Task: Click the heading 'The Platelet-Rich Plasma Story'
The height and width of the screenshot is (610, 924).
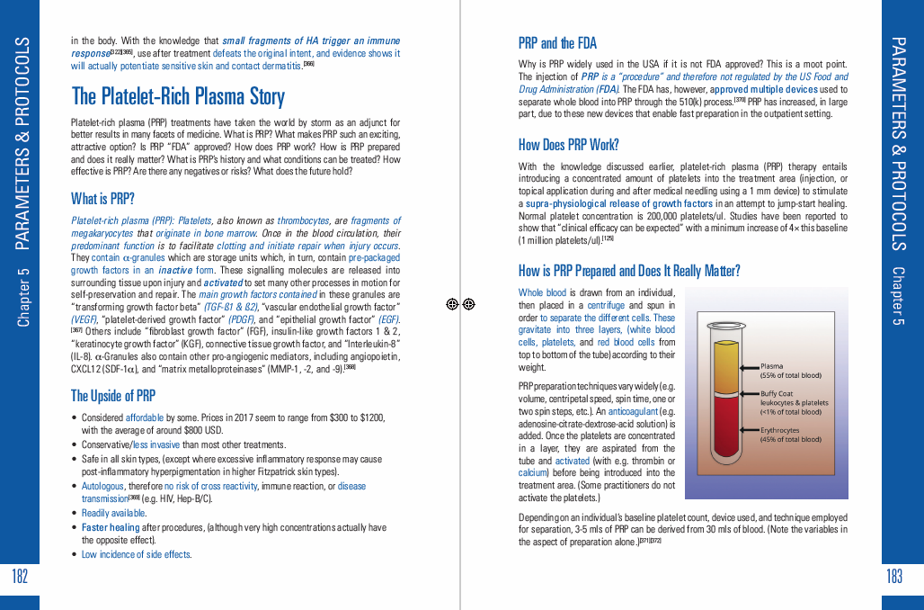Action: [x=178, y=96]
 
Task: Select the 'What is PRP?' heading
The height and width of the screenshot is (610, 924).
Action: [x=102, y=198]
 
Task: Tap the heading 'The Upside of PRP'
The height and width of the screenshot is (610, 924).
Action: [x=113, y=395]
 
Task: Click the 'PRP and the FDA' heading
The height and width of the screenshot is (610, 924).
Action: [x=557, y=43]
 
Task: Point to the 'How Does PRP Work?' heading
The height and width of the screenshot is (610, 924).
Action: [x=568, y=145]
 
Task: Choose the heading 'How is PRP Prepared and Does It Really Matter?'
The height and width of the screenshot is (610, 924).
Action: [x=629, y=271]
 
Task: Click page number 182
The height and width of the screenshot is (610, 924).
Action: [x=20, y=577]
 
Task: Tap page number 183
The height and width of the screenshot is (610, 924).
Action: [x=894, y=577]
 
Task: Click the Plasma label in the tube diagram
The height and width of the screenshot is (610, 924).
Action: [x=772, y=366]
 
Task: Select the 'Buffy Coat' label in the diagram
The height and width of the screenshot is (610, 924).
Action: [x=777, y=393]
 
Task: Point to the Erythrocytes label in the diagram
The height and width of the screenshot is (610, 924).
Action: [x=779, y=430]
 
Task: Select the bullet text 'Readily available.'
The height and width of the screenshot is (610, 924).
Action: [x=113, y=513]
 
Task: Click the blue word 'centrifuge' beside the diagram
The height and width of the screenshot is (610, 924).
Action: [x=605, y=305]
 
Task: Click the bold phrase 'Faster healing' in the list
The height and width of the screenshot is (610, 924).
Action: [x=111, y=527]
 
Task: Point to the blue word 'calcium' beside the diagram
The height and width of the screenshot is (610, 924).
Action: [x=533, y=471]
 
